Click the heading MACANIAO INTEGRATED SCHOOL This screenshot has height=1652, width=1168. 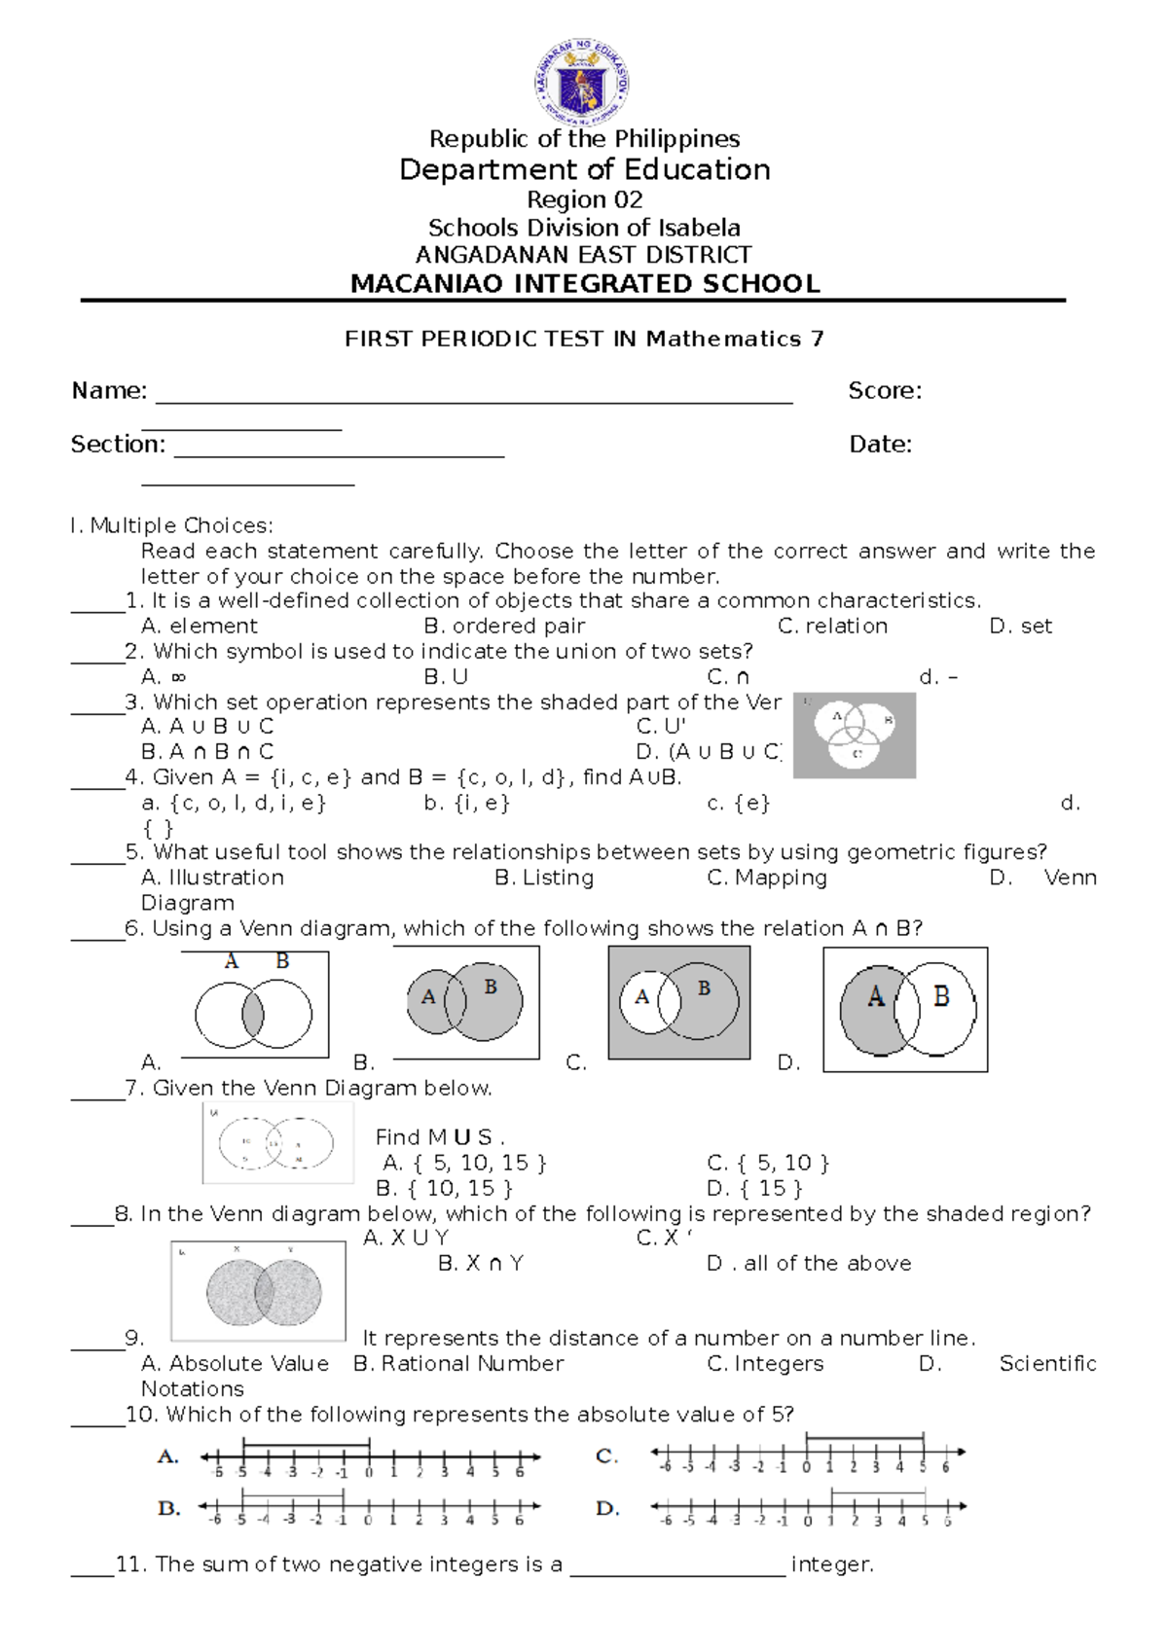pyautogui.click(x=585, y=284)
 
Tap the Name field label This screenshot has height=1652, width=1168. pyautogui.click(x=109, y=391)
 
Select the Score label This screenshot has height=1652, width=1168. pyautogui.click(x=884, y=391)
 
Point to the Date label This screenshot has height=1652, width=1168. pyautogui.click(x=880, y=445)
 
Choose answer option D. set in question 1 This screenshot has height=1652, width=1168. pyautogui.click(x=1020, y=627)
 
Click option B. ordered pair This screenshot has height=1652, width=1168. pyautogui.click(x=504, y=627)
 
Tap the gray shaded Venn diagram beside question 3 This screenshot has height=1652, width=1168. pyautogui.click(x=854, y=736)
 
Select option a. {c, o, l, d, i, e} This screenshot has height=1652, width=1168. pyautogui.click(x=234, y=804)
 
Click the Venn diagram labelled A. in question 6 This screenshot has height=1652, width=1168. pyautogui.click(x=254, y=1006)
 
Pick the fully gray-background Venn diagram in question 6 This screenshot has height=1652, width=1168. pyautogui.click(x=678, y=1002)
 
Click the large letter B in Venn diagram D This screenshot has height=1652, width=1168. pyautogui.click(x=940, y=996)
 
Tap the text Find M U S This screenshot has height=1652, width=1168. pyautogui.click(x=439, y=1137)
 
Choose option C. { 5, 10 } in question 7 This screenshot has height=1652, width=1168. pyautogui.click(x=768, y=1163)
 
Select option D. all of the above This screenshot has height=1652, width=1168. pyautogui.click(x=809, y=1264)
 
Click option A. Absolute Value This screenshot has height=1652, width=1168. pyautogui.click(x=235, y=1364)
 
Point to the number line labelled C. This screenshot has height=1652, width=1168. pyautogui.click(x=808, y=1454)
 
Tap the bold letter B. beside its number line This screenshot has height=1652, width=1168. pyautogui.click(x=168, y=1508)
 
